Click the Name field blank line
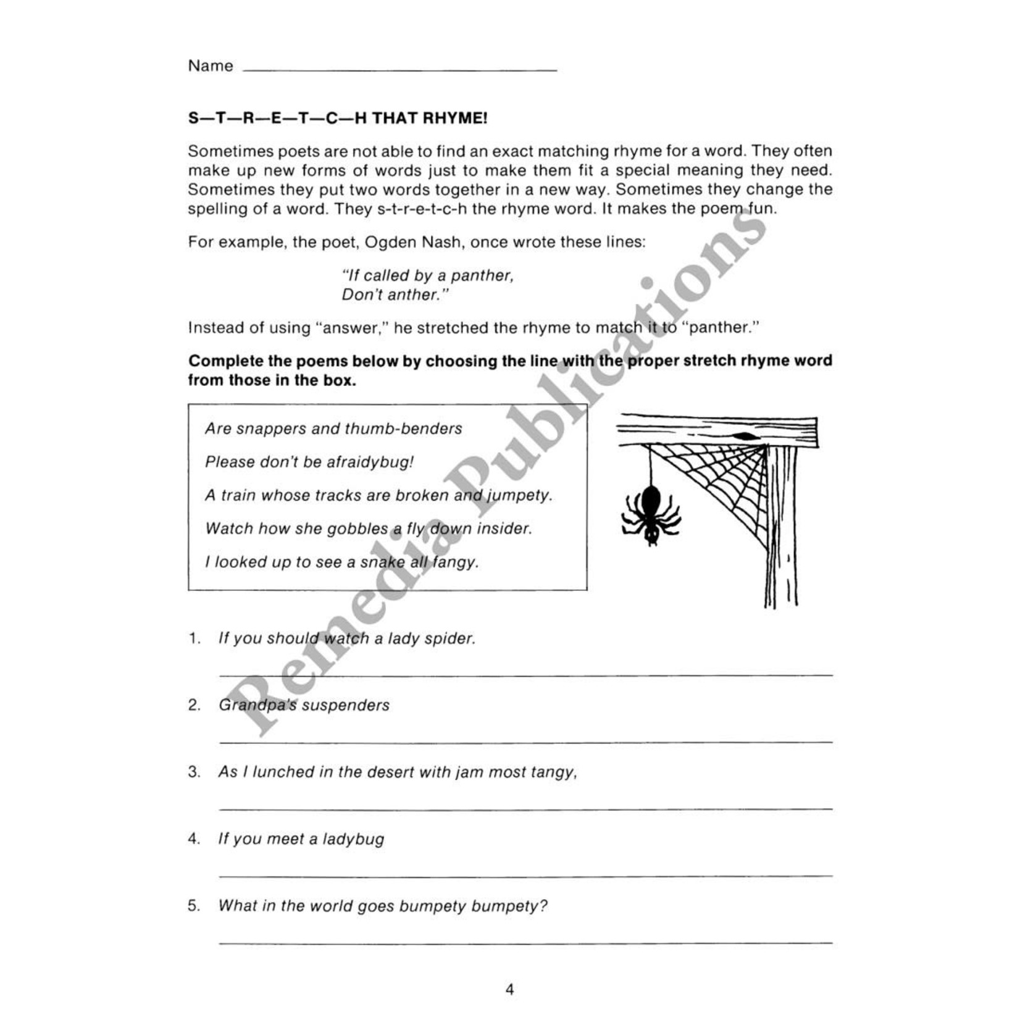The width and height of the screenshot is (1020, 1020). click(x=400, y=70)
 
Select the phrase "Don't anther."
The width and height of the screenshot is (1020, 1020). click(x=393, y=295)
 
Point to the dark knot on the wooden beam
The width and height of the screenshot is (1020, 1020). click(x=745, y=436)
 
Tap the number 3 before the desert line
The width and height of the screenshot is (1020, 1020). click(x=194, y=772)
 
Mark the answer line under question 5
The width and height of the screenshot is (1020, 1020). click(x=525, y=942)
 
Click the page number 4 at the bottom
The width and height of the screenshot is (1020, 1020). click(x=509, y=990)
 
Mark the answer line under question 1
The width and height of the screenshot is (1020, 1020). click(x=525, y=675)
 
